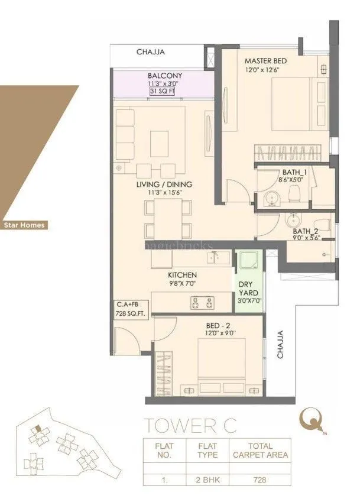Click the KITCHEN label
pyautogui.click(x=182, y=276)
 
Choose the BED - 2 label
pyautogui.click(x=206, y=325)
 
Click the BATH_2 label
pyautogui.click(x=306, y=231)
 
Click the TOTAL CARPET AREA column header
pyautogui.click(x=260, y=451)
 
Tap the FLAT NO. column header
pyautogui.click(x=164, y=451)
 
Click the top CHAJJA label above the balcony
pyautogui.click(x=151, y=52)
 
